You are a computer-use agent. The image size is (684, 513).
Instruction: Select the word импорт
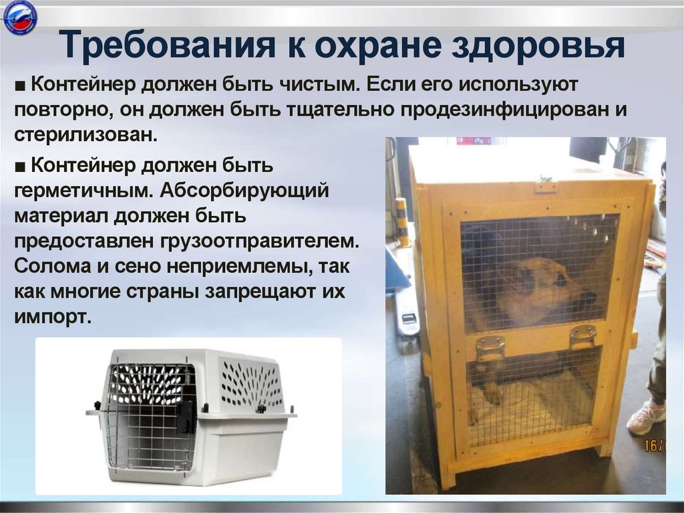pos(51,315)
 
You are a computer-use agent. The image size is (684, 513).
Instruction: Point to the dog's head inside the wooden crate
pos(548,285)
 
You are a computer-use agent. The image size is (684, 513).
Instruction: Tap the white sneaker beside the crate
pos(646,417)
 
